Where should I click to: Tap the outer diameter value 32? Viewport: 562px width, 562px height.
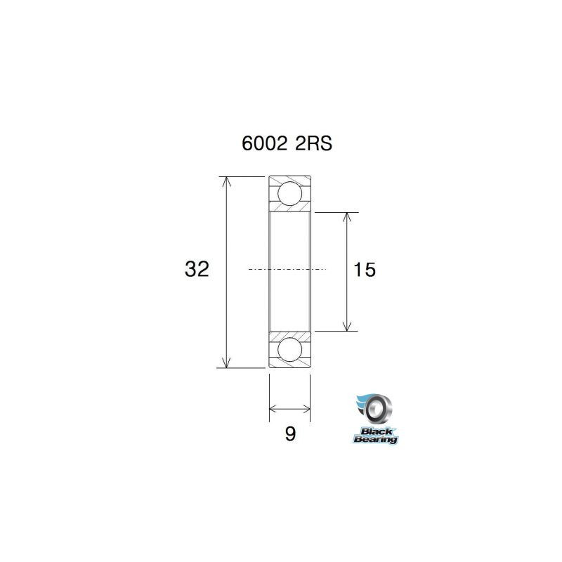197,269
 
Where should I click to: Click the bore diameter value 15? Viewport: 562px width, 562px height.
365,269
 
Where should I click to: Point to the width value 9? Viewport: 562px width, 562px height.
289,434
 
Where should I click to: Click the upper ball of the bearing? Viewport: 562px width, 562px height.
289,193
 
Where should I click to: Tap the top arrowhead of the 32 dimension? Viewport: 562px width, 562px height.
226,181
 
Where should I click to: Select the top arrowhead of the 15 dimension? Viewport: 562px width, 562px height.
346,217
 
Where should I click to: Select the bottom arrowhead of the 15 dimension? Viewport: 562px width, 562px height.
346,325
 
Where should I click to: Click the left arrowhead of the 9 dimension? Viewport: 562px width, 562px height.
274,407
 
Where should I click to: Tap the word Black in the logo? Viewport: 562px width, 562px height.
377,430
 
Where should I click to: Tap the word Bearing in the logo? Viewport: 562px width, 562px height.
375,439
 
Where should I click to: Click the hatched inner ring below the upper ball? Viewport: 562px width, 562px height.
289,209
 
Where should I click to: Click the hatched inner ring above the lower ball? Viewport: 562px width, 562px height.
289,334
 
